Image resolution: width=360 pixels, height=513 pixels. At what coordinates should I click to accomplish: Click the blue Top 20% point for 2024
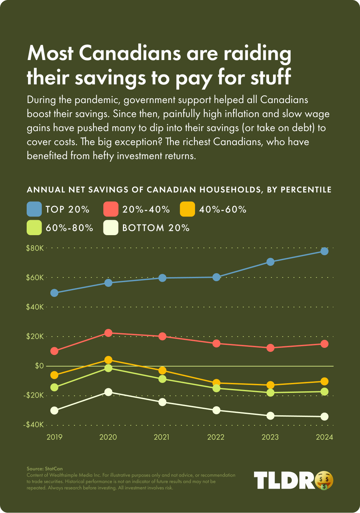[324, 251]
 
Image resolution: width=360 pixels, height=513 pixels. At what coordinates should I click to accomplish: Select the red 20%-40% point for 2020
[108, 333]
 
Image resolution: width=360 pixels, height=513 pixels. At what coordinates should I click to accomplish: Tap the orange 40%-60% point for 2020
[108, 360]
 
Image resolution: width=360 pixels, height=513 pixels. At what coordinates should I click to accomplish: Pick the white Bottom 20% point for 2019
[54, 411]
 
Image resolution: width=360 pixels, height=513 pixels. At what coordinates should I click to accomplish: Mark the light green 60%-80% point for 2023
[270, 393]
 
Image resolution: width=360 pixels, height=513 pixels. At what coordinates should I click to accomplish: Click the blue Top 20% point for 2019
[54, 293]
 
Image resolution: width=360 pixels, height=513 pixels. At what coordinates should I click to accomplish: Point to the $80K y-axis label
[35, 248]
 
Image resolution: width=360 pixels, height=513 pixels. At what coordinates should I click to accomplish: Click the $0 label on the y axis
[39, 366]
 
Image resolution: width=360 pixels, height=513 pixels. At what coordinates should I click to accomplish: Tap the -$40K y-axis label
[34, 425]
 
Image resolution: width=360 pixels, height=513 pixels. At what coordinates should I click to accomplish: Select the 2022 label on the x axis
[216, 437]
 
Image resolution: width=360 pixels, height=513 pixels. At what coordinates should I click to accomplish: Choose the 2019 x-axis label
[54, 437]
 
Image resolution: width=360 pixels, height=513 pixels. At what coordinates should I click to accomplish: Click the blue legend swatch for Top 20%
[34, 209]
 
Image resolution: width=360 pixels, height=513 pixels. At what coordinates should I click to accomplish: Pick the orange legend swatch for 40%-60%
[187, 209]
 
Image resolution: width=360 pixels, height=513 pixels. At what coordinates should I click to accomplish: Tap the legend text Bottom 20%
[156, 228]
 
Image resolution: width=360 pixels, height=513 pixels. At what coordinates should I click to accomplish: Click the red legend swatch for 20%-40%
[111, 209]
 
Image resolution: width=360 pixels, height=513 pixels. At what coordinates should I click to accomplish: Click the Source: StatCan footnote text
[45, 469]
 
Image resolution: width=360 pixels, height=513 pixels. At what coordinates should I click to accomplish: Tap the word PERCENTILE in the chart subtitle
[306, 190]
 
